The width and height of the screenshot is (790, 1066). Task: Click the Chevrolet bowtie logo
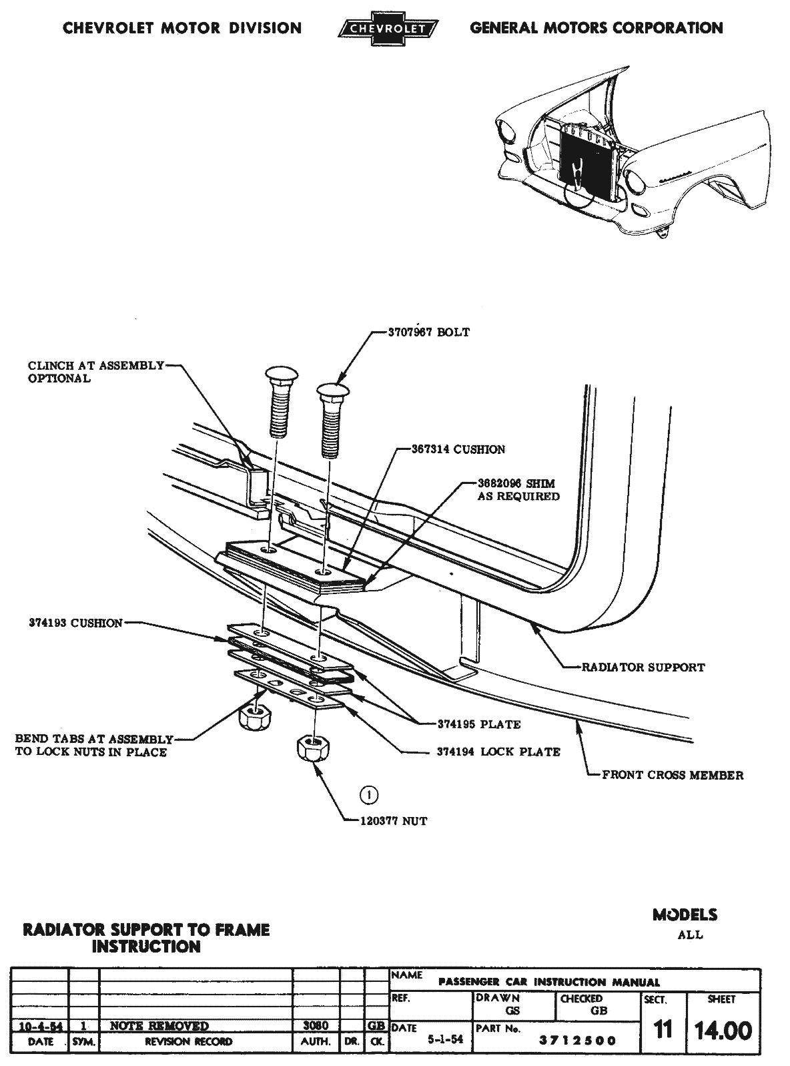pos(388,28)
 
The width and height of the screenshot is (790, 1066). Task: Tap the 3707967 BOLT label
pos(429,332)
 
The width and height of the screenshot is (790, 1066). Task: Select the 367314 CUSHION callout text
pos(458,449)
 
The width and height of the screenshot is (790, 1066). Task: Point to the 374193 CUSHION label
pos(76,623)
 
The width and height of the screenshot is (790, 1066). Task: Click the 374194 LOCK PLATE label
pos(498,752)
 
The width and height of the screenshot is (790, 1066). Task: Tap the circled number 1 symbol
pos(368,795)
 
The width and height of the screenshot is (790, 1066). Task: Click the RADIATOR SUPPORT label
pos(643,667)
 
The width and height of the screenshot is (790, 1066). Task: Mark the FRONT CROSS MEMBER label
pos(673,775)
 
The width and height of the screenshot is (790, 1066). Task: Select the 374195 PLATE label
pos(478,724)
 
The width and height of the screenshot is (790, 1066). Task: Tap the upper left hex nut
pos(254,718)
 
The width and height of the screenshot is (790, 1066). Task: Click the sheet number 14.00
pos(723,1031)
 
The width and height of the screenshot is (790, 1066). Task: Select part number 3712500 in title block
pos(578,1041)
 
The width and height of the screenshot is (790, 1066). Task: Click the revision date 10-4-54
pos(40,1026)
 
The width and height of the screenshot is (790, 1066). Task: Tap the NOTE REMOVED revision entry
pos(159,1026)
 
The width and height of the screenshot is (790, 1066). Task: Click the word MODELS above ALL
pos(685,915)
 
